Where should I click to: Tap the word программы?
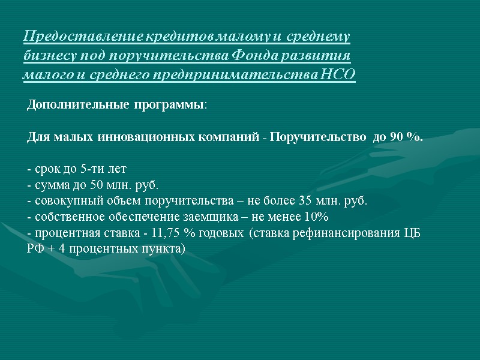point(167,105)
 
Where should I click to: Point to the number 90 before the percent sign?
point(395,137)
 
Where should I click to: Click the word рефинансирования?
point(343,232)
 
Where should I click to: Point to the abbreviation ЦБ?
point(414,232)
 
